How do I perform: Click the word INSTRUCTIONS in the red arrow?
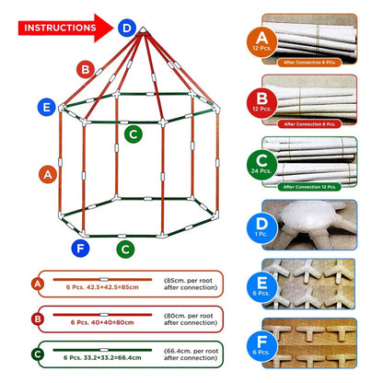58,28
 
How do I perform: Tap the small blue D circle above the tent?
126,28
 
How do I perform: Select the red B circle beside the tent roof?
85,68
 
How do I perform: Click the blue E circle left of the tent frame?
45,108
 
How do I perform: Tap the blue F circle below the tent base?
79,247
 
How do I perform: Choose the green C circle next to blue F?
123,248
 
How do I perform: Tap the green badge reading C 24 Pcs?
262,165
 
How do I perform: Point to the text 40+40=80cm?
103,321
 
